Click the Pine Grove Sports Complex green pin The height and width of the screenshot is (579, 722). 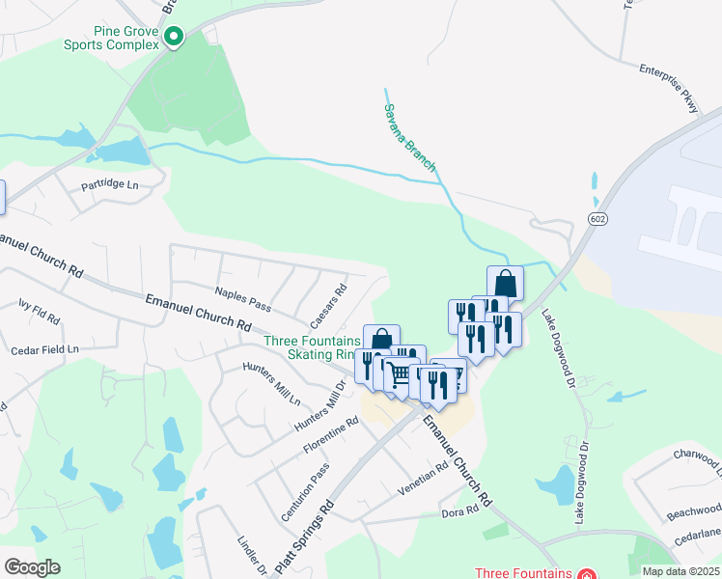point(174,38)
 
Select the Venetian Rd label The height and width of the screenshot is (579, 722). point(424,479)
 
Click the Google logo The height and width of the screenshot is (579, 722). point(31,567)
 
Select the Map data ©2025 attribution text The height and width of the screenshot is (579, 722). point(680,571)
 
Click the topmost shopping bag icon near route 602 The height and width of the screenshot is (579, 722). point(505,283)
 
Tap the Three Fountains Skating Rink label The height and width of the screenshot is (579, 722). point(312,347)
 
